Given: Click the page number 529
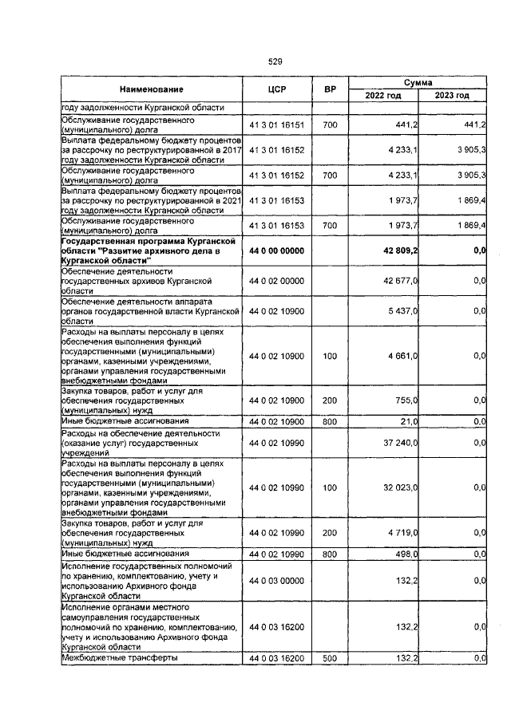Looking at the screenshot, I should coord(275,61).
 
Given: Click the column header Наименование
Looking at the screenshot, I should coord(152,89).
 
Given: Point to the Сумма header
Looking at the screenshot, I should coord(418,83).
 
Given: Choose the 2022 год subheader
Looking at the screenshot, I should coord(383,96).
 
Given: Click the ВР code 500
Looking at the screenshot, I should coord(329,658).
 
